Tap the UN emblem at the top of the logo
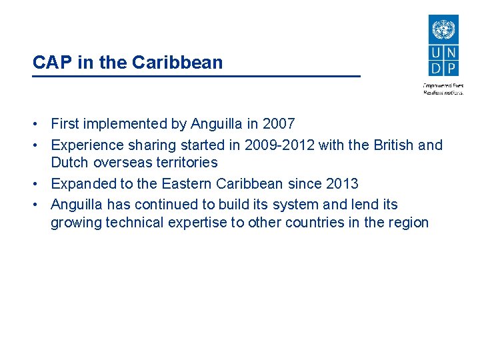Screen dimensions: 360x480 coord(443,30)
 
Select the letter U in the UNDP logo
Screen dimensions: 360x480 coord(436,53)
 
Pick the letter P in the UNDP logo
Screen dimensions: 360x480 coord(451,67)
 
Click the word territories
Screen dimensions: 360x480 coord(185,163)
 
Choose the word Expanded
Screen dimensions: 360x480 coord(81,184)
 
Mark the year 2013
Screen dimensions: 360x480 coord(342,184)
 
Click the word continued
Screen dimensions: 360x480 coord(159,205)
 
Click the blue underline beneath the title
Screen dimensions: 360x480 coord(196,77)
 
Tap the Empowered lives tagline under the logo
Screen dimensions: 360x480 coord(443,85)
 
